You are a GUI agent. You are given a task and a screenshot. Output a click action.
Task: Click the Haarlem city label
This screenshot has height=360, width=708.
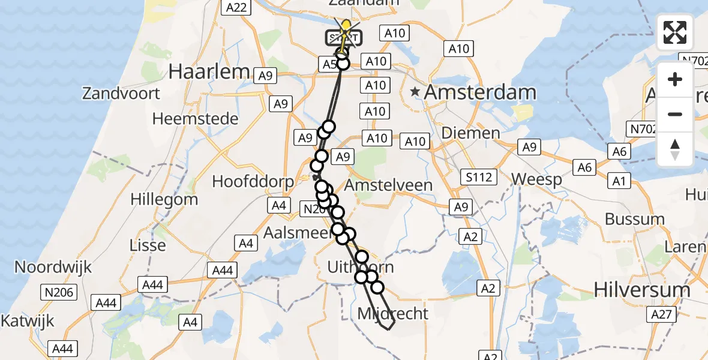click(209, 71)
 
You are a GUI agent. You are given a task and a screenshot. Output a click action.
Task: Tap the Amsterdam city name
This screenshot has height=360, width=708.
click(480, 92)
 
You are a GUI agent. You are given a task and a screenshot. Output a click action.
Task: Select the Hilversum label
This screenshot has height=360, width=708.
click(641, 290)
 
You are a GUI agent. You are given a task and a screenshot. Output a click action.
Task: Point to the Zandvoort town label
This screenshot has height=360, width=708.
click(122, 94)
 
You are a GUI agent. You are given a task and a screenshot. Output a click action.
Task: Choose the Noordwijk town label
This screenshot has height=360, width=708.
click(53, 267)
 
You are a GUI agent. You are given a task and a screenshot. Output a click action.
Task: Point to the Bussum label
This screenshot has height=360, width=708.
click(634, 219)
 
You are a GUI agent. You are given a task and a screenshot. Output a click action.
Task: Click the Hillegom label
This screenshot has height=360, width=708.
click(164, 199)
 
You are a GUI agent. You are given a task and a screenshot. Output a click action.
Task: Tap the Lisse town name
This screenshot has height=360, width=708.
click(148, 245)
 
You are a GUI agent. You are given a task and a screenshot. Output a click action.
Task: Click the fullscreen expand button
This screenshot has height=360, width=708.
click(675, 32)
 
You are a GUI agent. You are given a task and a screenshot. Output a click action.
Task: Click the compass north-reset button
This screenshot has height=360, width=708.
click(675, 149)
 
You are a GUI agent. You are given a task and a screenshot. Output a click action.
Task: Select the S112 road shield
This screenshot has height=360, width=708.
click(478, 177)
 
